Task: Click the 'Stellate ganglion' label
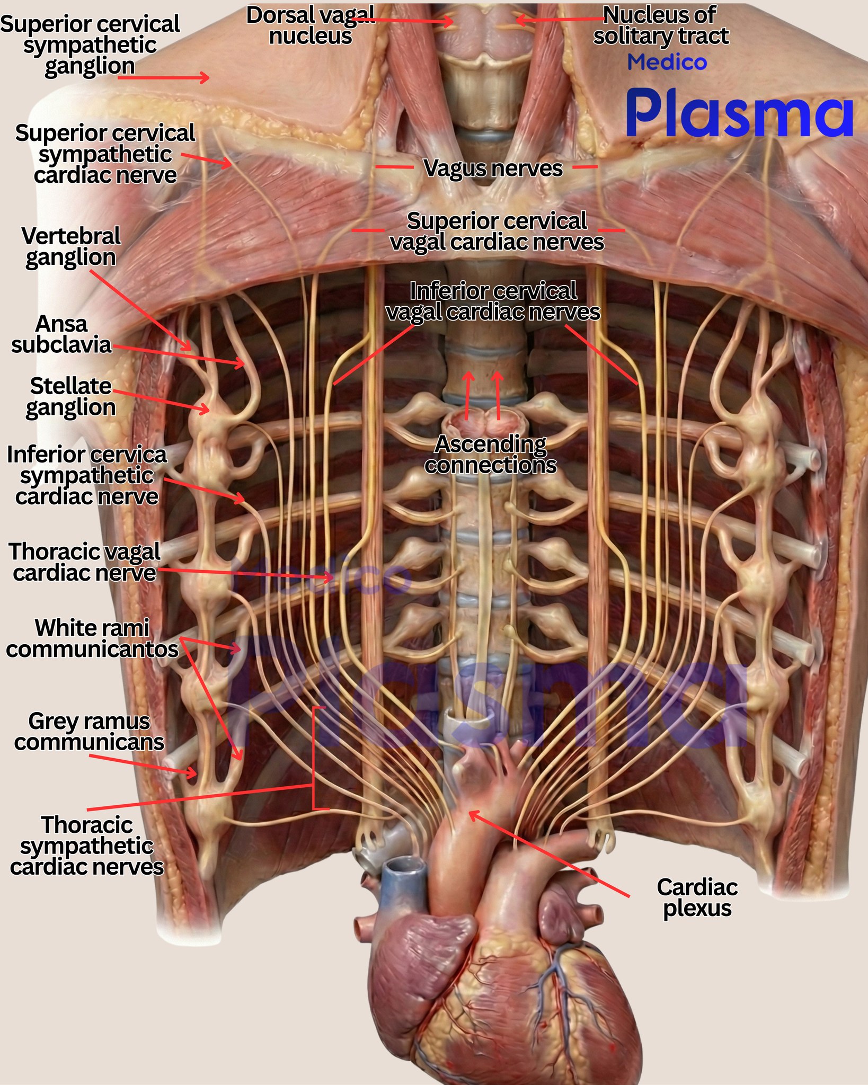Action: pos(70,397)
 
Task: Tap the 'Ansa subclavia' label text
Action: pos(61,334)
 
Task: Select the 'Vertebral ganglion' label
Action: pos(71,247)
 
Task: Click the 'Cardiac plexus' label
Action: pos(697,897)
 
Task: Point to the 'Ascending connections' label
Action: pos(490,455)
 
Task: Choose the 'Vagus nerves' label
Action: pos(493,168)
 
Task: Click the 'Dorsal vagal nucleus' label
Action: pos(311,25)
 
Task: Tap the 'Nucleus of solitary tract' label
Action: pos(661,25)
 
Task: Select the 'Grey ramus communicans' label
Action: pos(89,732)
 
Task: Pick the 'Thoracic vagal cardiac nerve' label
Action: pos(84,562)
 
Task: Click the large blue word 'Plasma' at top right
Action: pos(739,112)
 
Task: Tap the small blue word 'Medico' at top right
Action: pos(667,63)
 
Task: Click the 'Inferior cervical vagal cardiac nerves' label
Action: pos(493,301)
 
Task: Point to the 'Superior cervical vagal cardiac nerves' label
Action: pos(497,232)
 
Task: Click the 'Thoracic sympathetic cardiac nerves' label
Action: pos(87,846)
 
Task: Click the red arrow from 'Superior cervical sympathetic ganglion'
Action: pos(163,78)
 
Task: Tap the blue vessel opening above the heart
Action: pos(404,868)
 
